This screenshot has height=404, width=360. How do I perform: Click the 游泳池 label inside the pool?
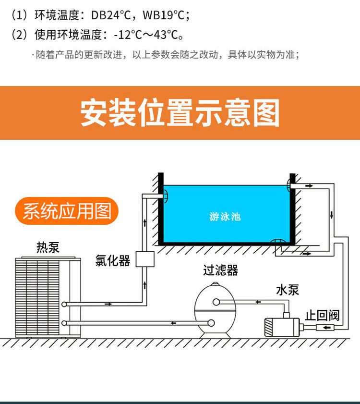[x=225, y=217]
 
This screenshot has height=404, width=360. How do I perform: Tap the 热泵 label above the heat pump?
[x=48, y=247]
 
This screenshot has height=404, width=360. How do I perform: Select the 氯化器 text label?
[x=113, y=261]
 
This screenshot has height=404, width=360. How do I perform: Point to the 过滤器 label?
[x=220, y=270]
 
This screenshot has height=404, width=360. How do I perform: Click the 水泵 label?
[x=288, y=290]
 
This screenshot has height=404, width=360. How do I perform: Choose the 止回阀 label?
[x=322, y=316]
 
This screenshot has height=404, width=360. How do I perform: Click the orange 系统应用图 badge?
[x=67, y=211]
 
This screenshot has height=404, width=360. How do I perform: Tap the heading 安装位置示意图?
[x=180, y=113]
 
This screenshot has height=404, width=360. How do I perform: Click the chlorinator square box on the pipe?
[x=144, y=259]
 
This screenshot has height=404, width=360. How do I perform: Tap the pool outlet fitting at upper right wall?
[x=290, y=184]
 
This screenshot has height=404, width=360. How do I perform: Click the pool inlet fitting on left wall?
[x=164, y=196]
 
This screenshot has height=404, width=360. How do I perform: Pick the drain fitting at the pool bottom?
[x=277, y=242]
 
